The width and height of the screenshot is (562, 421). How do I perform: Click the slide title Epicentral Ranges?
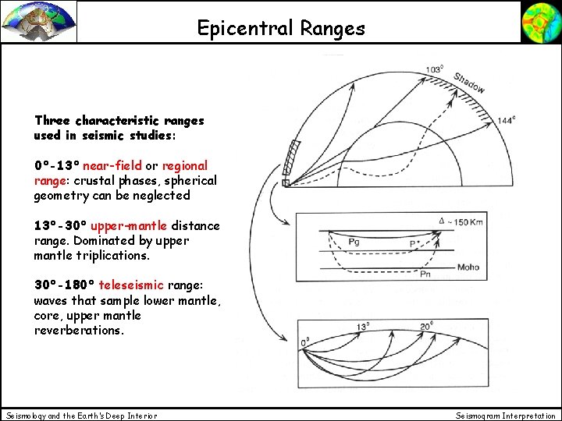click(x=280, y=29)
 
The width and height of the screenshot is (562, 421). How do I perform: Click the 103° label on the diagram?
click(x=435, y=69)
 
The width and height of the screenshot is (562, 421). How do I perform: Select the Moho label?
click(x=468, y=267)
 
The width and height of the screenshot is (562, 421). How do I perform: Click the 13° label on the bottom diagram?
click(x=362, y=327)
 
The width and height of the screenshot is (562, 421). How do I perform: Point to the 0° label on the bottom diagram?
click(x=305, y=341)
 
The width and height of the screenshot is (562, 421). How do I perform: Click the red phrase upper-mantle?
click(x=129, y=225)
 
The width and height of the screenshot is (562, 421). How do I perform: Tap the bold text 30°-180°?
click(x=60, y=285)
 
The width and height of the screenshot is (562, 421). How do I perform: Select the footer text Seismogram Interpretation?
click(x=506, y=416)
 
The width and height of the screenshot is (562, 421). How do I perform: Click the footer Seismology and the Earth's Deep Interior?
click(x=81, y=416)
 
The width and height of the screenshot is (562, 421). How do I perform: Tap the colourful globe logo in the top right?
click(x=540, y=22)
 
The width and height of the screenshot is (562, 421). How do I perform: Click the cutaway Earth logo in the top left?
click(x=39, y=22)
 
